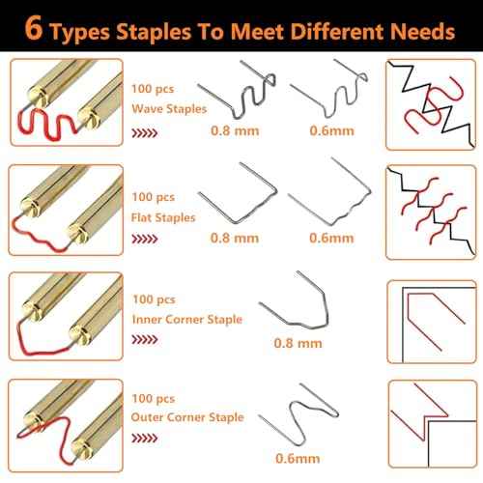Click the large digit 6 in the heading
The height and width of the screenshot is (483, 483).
click(34, 28)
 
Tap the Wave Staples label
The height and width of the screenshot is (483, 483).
click(169, 109)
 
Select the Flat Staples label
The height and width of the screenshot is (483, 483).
click(163, 217)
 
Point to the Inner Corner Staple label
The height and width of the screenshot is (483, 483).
click(187, 320)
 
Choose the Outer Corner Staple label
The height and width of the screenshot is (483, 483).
click(187, 417)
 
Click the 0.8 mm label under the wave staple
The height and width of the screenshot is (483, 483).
click(235, 130)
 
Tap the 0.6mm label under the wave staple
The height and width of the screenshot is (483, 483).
click(331, 130)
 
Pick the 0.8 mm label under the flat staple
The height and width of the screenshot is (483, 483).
click(235, 239)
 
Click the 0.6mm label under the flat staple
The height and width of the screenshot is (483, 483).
click(331, 239)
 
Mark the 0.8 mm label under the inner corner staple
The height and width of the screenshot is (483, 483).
click(298, 343)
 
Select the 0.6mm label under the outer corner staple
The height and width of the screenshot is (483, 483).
click(298, 459)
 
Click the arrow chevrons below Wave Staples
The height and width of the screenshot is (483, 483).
click(145, 132)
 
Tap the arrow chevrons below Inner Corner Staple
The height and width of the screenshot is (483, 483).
click(145, 339)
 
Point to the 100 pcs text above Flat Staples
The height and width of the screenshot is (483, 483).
click(154, 197)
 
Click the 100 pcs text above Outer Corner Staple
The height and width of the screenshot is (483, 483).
click(154, 399)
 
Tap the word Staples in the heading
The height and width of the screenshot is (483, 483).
click(154, 32)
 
